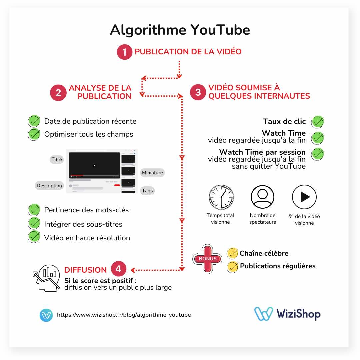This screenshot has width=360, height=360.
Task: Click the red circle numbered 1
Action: pyautogui.click(x=125, y=52)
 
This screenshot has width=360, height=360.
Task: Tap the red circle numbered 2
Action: pyautogui.click(x=58, y=92)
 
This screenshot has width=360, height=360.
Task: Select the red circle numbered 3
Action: pyautogui.click(x=198, y=92)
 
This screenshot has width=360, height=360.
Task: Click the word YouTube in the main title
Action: pyautogui.click(x=220, y=30)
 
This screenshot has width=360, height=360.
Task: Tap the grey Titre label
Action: pyautogui.click(x=57, y=159)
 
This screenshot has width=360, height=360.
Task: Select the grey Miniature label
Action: pyautogui.click(x=152, y=173)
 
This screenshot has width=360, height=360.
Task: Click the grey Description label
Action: pyautogui.click(x=49, y=186)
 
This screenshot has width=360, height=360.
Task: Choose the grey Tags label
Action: pyautogui.click(x=147, y=190)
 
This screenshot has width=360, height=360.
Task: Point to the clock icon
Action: pyautogui.click(x=221, y=197)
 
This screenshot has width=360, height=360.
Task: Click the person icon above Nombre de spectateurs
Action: pyautogui.click(x=262, y=197)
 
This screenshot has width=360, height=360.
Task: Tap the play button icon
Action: pyautogui.click(x=304, y=197)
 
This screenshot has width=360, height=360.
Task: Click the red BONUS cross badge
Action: pyautogui.click(x=207, y=259)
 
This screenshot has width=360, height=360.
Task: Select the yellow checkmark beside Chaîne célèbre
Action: pyautogui.click(x=232, y=253)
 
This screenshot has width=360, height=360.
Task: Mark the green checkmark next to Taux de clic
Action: pyautogui.click(x=318, y=122)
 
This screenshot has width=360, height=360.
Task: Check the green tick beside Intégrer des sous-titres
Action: pyautogui.click(x=34, y=223)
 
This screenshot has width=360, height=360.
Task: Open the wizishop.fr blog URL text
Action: pyautogui.click(x=124, y=315)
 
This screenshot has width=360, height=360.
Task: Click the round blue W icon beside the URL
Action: pyautogui.click(x=46, y=315)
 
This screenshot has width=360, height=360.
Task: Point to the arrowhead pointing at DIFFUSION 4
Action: pyautogui.click(x=133, y=270)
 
